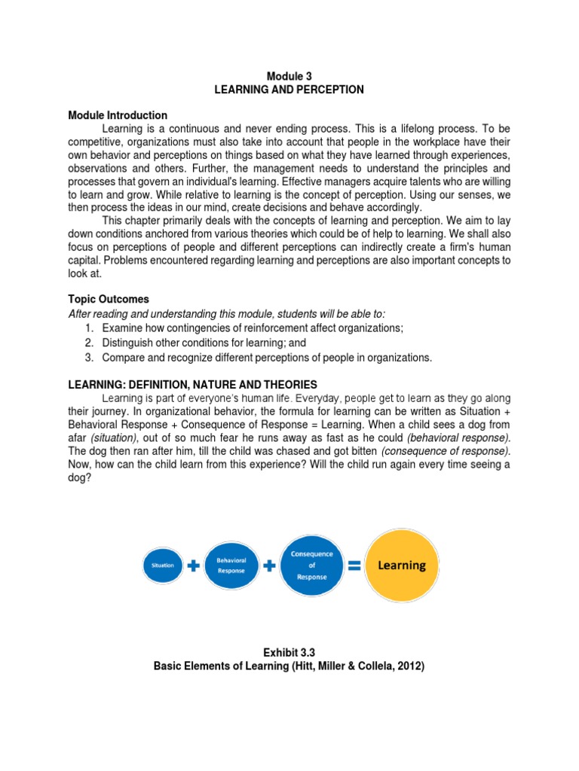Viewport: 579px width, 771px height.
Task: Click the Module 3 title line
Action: coord(289,76)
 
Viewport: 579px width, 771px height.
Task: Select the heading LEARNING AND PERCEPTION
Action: coord(289,90)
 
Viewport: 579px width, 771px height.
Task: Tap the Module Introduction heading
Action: coord(118,115)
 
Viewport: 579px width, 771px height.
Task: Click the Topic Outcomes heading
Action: coord(109,299)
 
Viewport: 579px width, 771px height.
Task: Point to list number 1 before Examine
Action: coord(88,328)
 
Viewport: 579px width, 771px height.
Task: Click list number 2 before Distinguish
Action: coord(88,343)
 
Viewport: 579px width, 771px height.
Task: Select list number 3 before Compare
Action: coord(88,358)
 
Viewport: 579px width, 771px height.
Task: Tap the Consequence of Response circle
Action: coord(312,565)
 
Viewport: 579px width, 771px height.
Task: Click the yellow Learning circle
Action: coord(401,565)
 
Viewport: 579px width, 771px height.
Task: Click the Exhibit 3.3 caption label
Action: coord(289,653)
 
